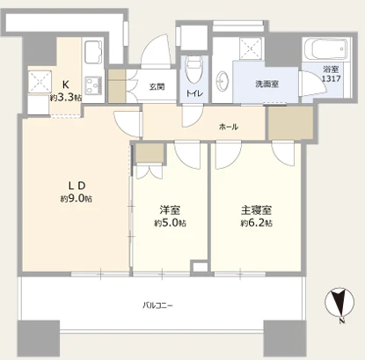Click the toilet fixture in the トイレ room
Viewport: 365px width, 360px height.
pyautogui.click(x=194, y=70)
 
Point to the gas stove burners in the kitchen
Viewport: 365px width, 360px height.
pyautogui.click(x=93, y=85)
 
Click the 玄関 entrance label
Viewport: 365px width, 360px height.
pyautogui.click(x=157, y=86)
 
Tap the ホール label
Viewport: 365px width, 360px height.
pyautogui.click(x=229, y=127)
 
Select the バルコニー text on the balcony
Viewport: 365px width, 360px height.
pyautogui.click(x=157, y=306)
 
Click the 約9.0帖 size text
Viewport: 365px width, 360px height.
pyautogui.click(x=77, y=199)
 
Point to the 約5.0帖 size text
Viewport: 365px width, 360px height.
pyautogui.click(x=170, y=224)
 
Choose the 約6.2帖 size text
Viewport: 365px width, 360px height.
pyautogui.click(x=257, y=224)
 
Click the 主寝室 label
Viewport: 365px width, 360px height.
pyautogui.click(x=257, y=210)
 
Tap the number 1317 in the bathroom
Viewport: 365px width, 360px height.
pyautogui.click(x=332, y=78)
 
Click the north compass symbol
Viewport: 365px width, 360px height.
pyautogui.click(x=339, y=303)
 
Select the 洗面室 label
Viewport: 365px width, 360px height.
pyautogui.click(x=266, y=84)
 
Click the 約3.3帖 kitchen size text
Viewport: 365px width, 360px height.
pyautogui.click(x=66, y=98)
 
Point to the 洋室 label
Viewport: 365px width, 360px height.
pyautogui.click(x=170, y=210)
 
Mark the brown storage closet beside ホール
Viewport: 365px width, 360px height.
pyautogui.click(x=291, y=123)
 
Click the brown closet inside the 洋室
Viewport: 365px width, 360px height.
pyautogui.click(x=150, y=153)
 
